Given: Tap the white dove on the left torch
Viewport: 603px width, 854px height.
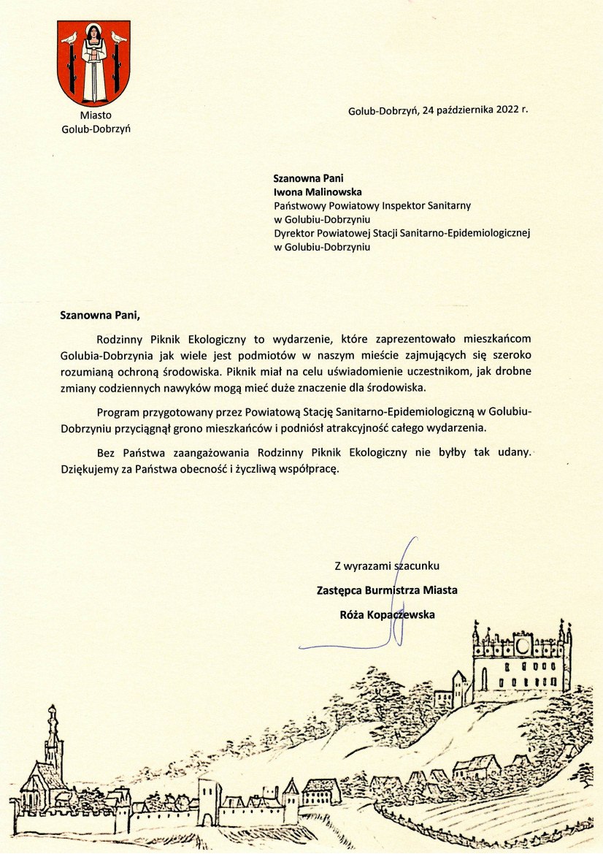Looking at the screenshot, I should [69, 37].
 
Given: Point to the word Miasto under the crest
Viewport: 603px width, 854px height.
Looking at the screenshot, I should [96, 115].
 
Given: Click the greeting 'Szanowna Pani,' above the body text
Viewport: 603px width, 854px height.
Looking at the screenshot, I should [99, 316].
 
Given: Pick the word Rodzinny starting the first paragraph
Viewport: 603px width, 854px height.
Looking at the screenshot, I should [121, 340].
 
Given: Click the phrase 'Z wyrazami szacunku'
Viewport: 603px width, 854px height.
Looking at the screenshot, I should [388, 565].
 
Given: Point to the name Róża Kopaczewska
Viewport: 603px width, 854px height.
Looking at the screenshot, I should [388, 614].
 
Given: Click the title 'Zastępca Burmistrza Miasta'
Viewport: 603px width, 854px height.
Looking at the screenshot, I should [387, 590].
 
